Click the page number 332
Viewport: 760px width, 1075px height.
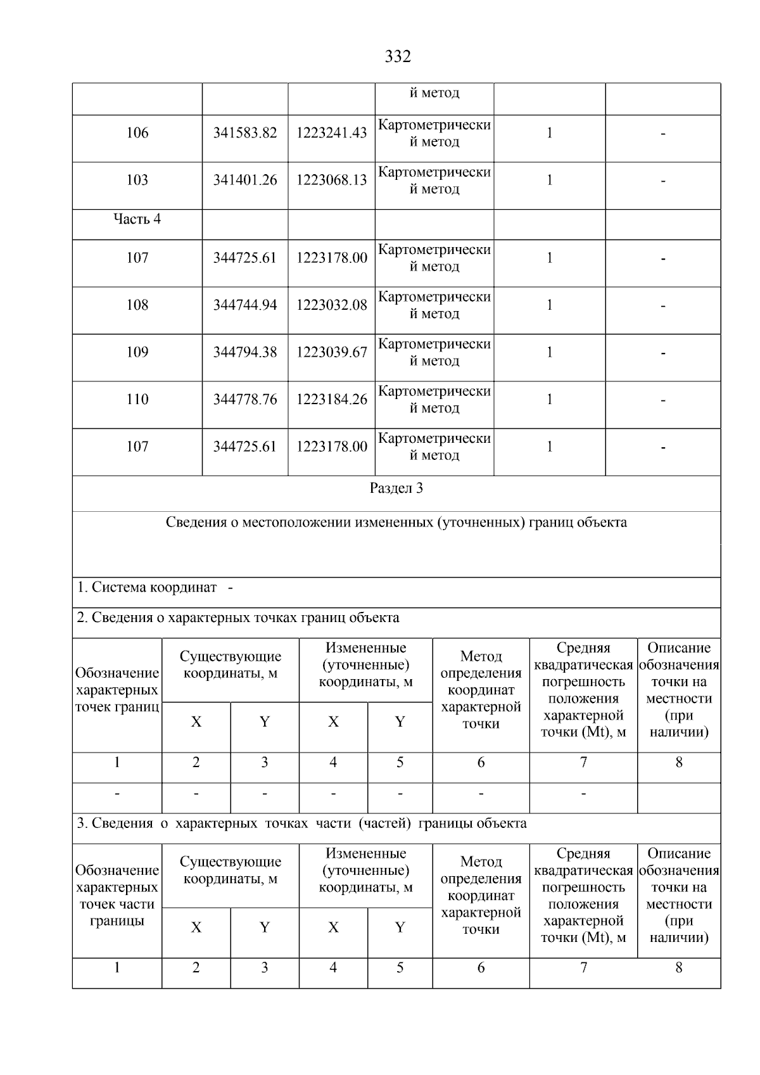(398, 57)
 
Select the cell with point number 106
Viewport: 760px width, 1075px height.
(137, 133)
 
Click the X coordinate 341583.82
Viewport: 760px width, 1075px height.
(245, 133)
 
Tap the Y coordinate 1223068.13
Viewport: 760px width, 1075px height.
(332, 181)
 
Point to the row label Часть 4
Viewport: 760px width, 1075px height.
(137, 219)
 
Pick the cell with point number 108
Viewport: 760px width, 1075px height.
(137, 305)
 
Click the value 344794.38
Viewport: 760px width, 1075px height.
(245, 352)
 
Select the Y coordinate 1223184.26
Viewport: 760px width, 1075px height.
(332, 400)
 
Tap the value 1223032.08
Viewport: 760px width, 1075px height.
(332, 305)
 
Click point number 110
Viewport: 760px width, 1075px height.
(137, 400)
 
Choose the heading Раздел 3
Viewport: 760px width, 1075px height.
(396, 488)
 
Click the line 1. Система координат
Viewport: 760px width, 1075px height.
(155, 587)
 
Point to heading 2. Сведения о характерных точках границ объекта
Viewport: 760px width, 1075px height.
(238, 618)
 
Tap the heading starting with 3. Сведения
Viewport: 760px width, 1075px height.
(301, 824)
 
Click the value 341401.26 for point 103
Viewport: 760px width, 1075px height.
(245, 181)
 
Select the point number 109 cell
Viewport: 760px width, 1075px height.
(137, 352)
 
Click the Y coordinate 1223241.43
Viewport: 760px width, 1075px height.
(332, 133)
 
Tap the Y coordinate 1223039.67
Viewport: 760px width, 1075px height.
(332, 352)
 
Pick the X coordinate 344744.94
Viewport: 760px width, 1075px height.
(245, 305)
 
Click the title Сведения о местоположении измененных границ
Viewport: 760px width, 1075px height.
(396, 523)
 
